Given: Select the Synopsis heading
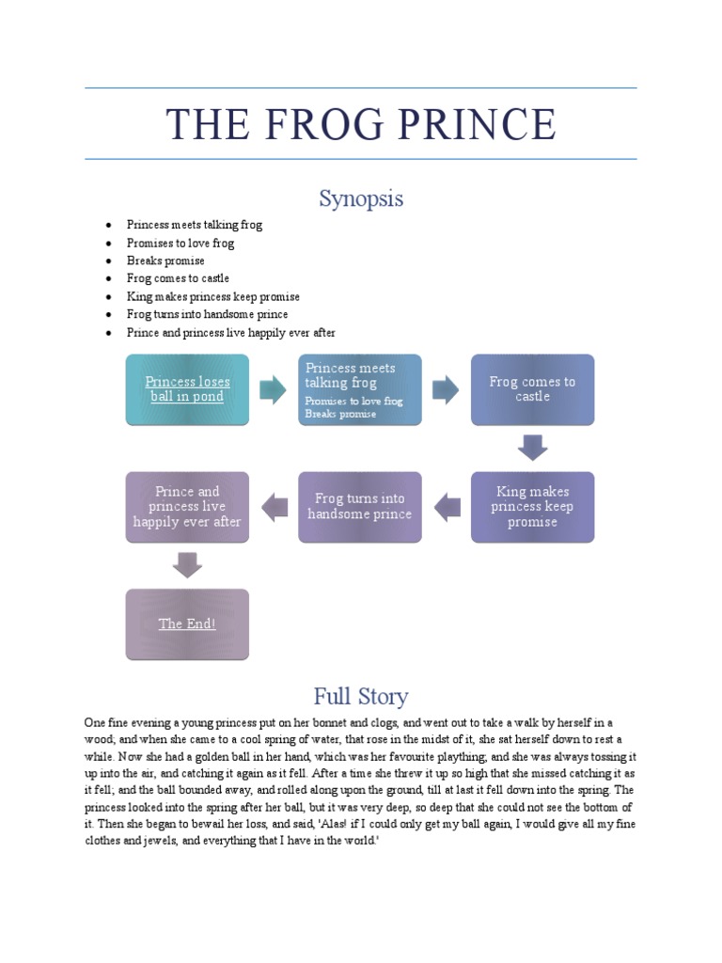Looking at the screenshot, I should click(361, 198).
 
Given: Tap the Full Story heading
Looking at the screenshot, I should click(361, 697).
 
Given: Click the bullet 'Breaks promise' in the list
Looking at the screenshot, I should click(165, 260).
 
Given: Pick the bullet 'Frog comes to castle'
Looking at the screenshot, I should click(178, 278).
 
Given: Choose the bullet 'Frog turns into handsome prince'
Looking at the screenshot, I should click(207, 314).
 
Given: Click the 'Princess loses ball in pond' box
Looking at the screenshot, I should click(187, 388).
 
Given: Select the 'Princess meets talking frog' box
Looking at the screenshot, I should click(360, 388).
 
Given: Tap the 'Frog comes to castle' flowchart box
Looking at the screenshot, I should click(532, 388).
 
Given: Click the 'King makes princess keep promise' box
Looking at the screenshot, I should click(532, 506).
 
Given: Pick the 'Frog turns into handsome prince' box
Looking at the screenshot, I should click(360, 506).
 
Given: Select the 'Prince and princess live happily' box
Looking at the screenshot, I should click(187, 506).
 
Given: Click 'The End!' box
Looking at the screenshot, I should click(187, 624).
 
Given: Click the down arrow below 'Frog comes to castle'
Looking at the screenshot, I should click(532, 447).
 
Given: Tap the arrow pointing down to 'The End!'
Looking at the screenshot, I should click(187, 564).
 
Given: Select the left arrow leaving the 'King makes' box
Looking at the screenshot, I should click(447, 507).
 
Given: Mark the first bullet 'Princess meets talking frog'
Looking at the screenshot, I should click(195, 225).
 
